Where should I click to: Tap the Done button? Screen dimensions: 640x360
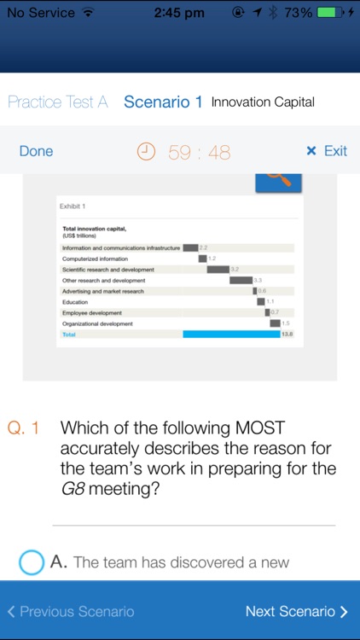click(36, 151)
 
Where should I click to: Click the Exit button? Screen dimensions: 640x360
click(327, 151)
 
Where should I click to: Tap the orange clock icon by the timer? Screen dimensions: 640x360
click(148, 152)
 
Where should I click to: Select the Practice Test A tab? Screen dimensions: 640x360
click(57, 102)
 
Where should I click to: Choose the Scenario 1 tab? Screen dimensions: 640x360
click(163, 102)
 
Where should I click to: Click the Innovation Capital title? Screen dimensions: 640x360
click(263, 102)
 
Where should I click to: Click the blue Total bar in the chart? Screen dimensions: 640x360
click(231, 335)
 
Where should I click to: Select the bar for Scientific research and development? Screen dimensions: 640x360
click(218, 270)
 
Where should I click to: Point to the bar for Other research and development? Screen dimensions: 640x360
click(241, 280)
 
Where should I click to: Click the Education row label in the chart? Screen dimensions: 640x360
click(75, 302)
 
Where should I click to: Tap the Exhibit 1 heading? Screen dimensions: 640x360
click(73, 207)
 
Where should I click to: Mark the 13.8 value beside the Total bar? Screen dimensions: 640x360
click(287, 335)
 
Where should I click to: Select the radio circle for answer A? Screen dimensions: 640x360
click(31, 562)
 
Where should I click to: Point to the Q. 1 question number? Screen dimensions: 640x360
click(23, 428)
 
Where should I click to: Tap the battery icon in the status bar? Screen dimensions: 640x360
click(328, 13)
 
